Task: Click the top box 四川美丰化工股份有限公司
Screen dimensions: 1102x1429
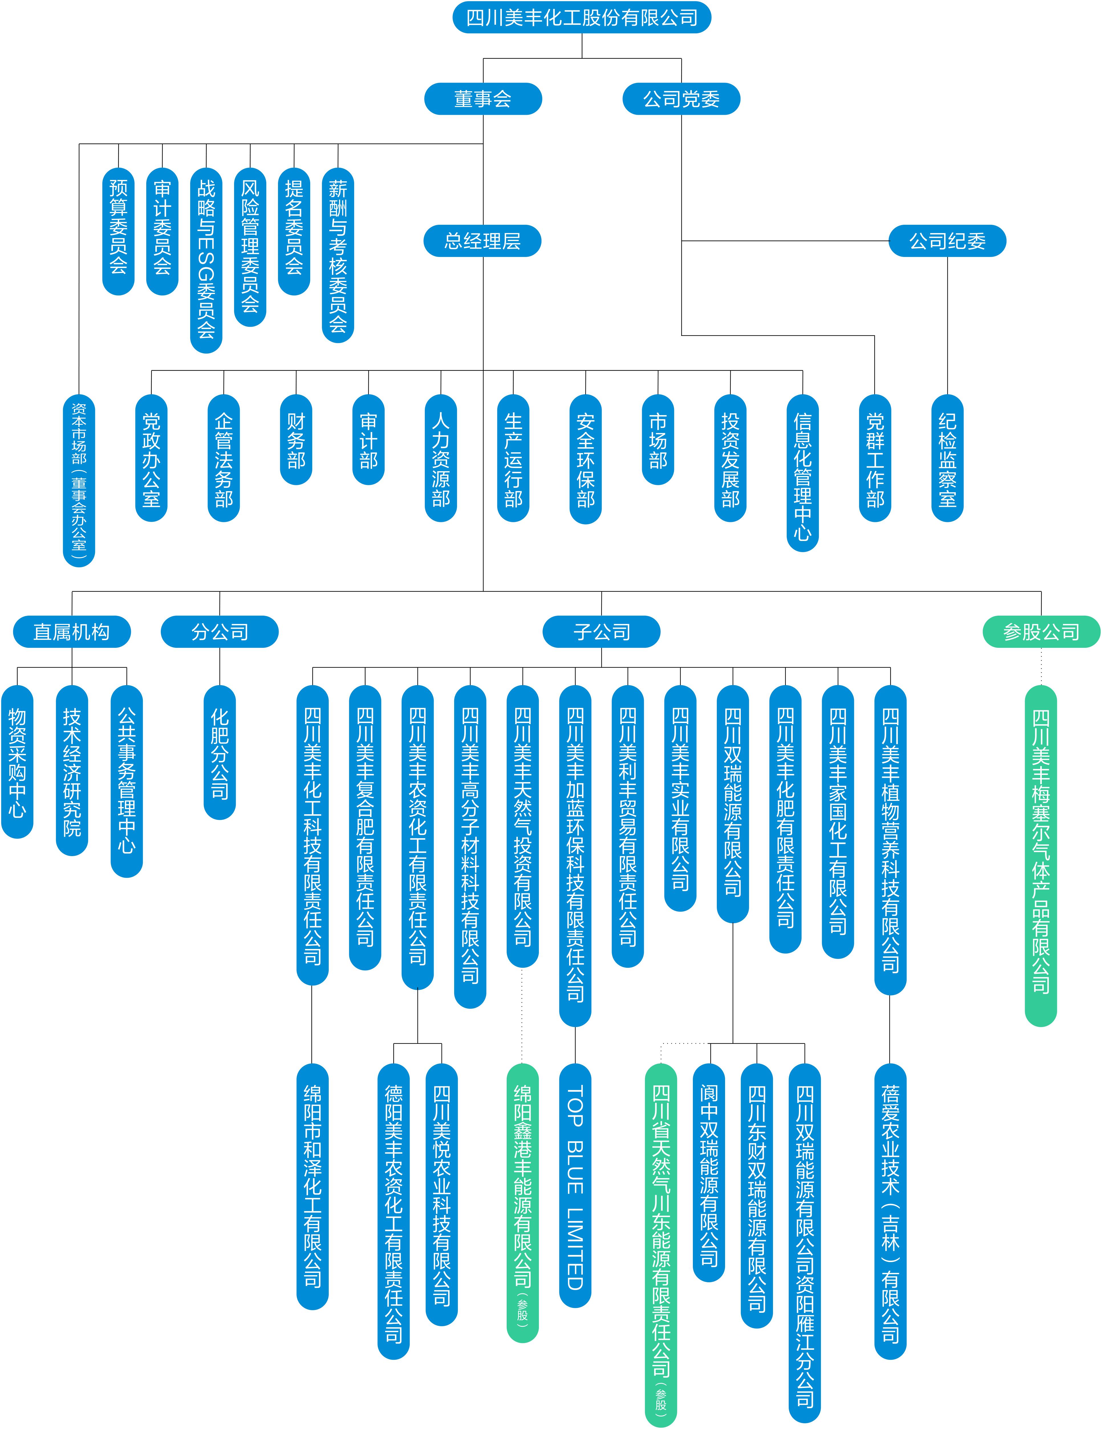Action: (x=581, y=18)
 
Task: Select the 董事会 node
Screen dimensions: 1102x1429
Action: (x=483, y=99)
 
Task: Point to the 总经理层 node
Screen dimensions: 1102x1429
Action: (x=483, y=241)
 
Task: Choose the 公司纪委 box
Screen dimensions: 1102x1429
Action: (x=947, y=241)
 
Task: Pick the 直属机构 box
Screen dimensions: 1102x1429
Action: (x=72, y=631)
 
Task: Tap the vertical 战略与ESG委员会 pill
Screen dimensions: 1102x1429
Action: (x=206, y=260)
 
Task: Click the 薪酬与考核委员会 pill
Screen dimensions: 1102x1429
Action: (x=338, y=255)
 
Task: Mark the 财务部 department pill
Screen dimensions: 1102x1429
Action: (x=296, y=440)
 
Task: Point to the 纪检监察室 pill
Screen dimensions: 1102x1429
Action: (x=947, y=458)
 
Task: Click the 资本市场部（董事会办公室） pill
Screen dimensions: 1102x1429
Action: (x=79, y=480)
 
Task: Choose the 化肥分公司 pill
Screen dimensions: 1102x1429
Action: (x=220, y=752)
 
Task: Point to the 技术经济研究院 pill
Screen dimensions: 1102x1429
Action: (x=72, y=771)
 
